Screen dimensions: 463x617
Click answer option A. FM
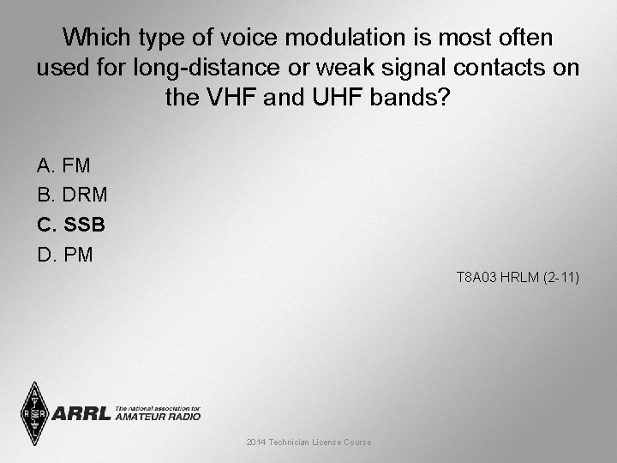click(x=63, y=165)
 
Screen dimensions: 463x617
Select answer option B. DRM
click(x=72, y=195)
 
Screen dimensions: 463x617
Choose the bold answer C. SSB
click(x=71, y=225)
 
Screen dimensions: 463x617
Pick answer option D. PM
click(x=65, y=255)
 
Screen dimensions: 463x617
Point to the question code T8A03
click(x=473, y=278)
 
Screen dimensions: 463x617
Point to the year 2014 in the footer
click(x=255, y=442)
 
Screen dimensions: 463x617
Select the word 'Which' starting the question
click(x=96, y=38)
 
